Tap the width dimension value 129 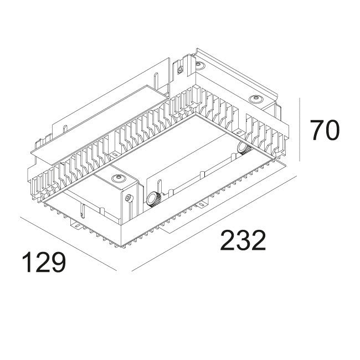click(44, 263)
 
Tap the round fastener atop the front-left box click(117, 178)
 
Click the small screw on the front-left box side click(128, 198)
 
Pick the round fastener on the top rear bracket click(200, 65)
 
